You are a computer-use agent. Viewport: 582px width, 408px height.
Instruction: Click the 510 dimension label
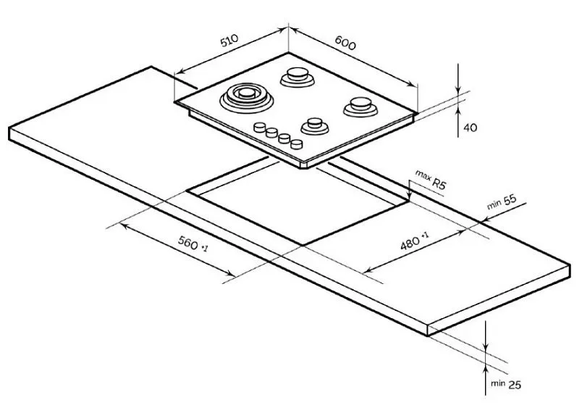[229, 41]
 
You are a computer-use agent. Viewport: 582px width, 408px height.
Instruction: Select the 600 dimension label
[345, 42]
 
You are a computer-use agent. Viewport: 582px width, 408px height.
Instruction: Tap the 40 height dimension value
[471, 128]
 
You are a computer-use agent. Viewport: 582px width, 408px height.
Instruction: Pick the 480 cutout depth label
[414, 241]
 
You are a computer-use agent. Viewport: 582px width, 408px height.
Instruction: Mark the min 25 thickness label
[505, 384]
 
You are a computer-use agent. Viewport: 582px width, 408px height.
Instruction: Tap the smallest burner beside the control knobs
[315, 125]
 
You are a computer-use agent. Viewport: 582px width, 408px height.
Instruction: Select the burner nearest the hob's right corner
[360, 107]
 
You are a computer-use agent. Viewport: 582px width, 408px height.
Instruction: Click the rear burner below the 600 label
[298, 77]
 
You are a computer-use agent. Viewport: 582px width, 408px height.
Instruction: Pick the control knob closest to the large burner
[260, 128]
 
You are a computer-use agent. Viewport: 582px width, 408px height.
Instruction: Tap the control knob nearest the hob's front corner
[297, 143]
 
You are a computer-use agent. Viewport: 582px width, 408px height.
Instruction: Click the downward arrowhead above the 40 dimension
[459, 89]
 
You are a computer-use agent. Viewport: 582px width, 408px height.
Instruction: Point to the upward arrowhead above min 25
[486, 370]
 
